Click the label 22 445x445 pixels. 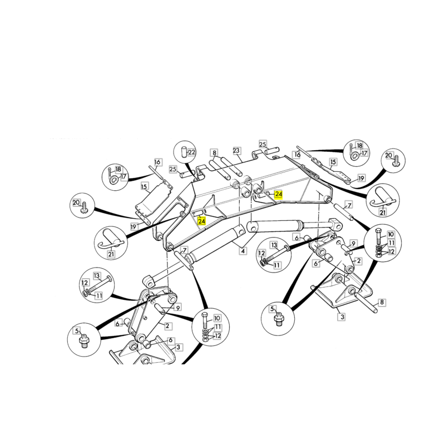(x=192, y=152)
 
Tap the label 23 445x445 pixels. (x=236, y=151)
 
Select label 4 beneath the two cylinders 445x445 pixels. (x=243, y=251)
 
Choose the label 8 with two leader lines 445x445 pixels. (x=214, y=152)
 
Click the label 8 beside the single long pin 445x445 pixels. (x=382, y=302)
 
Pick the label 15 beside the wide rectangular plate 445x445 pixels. (x=144, y=186)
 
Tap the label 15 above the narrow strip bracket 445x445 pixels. (x=333, y=162)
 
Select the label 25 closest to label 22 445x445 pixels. (x=173, y=170)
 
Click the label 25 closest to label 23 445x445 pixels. (x=263, y=144)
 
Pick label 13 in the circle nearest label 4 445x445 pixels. (x=274, y=245)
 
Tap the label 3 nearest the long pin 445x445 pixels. (x=342, y=317)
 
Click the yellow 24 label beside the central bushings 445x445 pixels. (x=279, y=194)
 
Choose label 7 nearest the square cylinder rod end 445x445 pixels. (x=349, y=205)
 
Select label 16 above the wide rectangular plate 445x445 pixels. (x=157, y=162)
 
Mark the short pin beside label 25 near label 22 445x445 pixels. (x=188, y=174)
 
